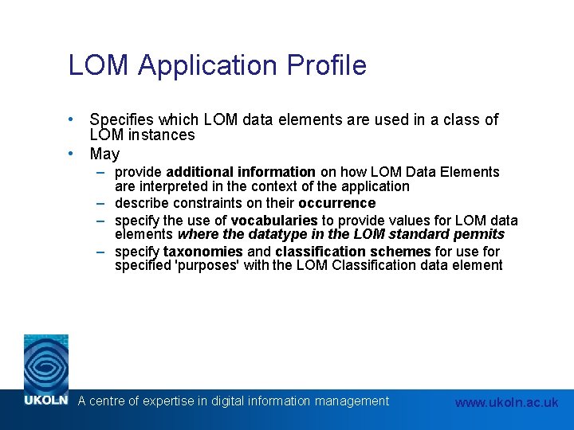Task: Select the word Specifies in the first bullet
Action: pyautogui.click(x=124, y=120)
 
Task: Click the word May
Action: pyautogui.click(x=104, y=154)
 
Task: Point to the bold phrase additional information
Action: pyautogui.click(x=241, y=172)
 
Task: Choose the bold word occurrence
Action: pyautogui.click(x=336, y=203)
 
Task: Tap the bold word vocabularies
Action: pyautogui.click(x=274, y=220)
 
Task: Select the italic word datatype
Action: pyautogui.click(x=262, y=234)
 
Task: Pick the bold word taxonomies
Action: pyautogui.click(x=203, y=252)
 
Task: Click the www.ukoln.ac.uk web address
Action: pyautogui.click(x=506, y=403)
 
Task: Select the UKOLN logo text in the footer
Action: pyautogui.click(x=45, y=401)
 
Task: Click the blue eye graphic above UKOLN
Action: pyautogui.click(x=45, y=363)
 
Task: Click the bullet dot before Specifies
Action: pyautogui.click(x=71, y=119)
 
